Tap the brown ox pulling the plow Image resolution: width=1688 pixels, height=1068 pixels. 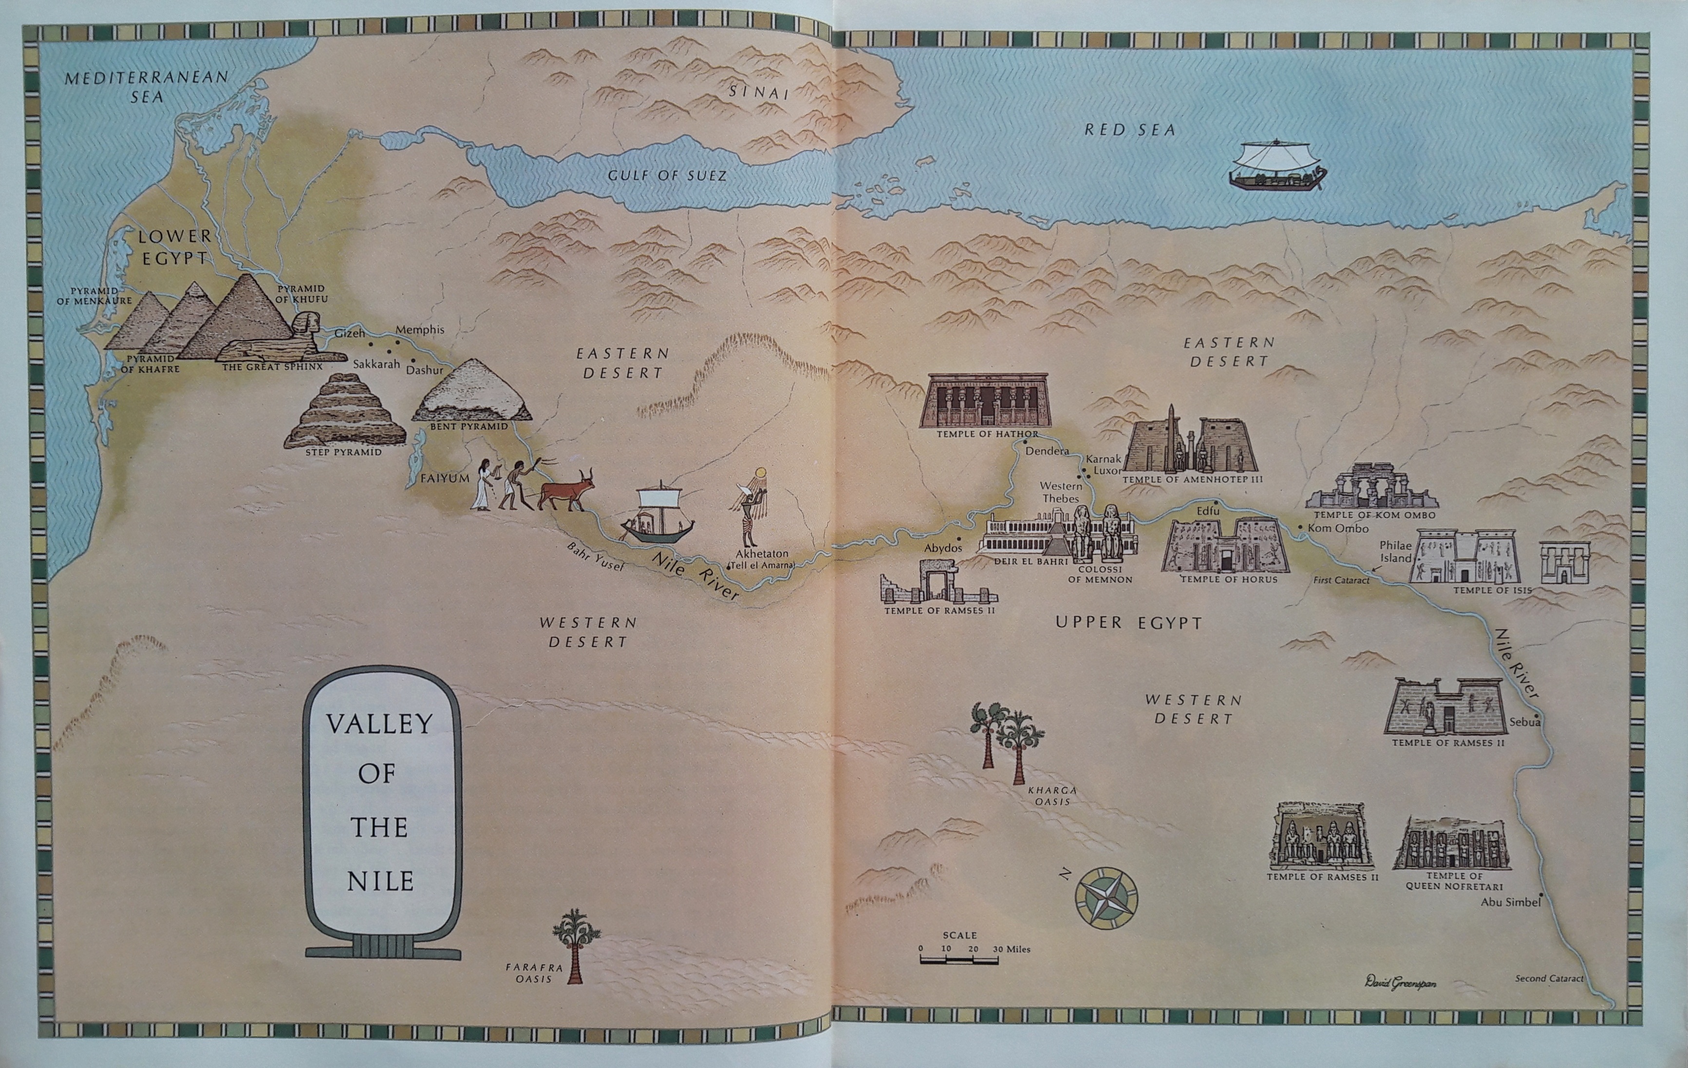[566, 489]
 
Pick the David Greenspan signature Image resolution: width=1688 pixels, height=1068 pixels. [1400, 982]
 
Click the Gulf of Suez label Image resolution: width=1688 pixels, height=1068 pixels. [667, 175]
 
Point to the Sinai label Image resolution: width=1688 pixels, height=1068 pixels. [758, 92]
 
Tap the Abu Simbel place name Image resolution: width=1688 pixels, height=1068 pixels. [1510, 902]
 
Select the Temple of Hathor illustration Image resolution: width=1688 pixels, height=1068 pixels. [987, 400]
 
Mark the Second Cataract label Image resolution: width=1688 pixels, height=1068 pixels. [1549, 978]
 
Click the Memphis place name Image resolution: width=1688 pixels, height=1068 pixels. [420, 329]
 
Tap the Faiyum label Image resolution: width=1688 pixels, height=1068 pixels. [445, 478]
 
